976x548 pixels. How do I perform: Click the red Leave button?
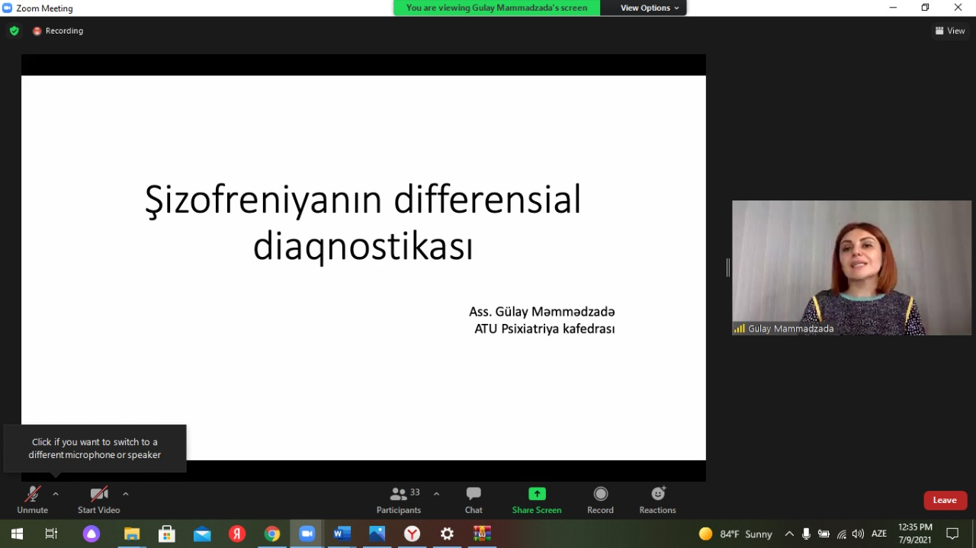(x=945, y=500)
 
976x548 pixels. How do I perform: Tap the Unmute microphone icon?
(x=33, y=494)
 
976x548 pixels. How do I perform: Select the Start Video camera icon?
(x=99, y=494)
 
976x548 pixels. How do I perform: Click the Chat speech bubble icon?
(x=474, y=494)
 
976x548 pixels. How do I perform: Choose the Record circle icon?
(x=600, y=494)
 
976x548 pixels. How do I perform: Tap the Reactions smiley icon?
(x=658, y=494)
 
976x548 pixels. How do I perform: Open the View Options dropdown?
(x=649, y=8)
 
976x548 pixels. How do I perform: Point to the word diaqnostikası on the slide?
(x=363, y=246)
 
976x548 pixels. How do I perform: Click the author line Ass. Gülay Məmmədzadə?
(x=541, y=312)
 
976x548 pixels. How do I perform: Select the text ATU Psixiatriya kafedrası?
(x=544, y=328)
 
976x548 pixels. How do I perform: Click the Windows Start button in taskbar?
(x=17, y=534)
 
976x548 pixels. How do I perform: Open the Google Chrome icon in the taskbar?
(x=272, y=534)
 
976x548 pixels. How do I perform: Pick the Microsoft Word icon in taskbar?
(x=342, y=534)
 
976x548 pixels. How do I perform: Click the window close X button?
(x=958, y=8)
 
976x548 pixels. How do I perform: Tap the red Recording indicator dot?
(x=37, y=31)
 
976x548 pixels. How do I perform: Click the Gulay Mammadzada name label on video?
(x=791, y=329)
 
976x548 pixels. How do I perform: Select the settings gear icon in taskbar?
(x=447, y=534)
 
